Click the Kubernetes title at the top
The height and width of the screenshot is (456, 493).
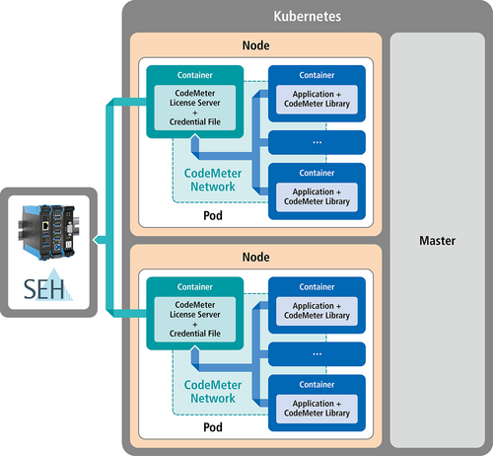[308, 16]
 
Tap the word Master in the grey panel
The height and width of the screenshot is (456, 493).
[437, 241]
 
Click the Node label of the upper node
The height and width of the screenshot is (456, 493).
[255, 45]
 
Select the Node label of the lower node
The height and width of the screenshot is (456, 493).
[255, 257]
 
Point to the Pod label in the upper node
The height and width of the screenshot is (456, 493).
[213, 215]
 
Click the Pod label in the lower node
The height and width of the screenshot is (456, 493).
[213, 427]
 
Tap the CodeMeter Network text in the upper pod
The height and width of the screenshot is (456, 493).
[213, 180]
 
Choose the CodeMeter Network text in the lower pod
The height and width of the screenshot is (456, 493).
[213, 391]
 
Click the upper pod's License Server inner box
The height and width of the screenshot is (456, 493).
[195, 108]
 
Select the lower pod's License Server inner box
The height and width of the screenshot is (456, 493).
[195, 319]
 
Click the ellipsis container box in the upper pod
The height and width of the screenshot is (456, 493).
[317, 142]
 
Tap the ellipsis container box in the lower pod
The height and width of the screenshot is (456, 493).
[317, 354]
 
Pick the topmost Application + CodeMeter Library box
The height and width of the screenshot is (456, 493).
[317, 100]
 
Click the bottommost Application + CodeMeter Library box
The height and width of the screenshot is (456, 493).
[317, 409]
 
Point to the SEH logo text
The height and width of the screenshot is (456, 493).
[44, 289]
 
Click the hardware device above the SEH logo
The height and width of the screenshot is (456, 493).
[48, 232]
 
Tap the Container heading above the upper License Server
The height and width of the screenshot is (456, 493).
[195, 75]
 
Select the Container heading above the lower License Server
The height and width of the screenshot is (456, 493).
[195, 287]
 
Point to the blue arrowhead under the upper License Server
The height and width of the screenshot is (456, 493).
[195, 138]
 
